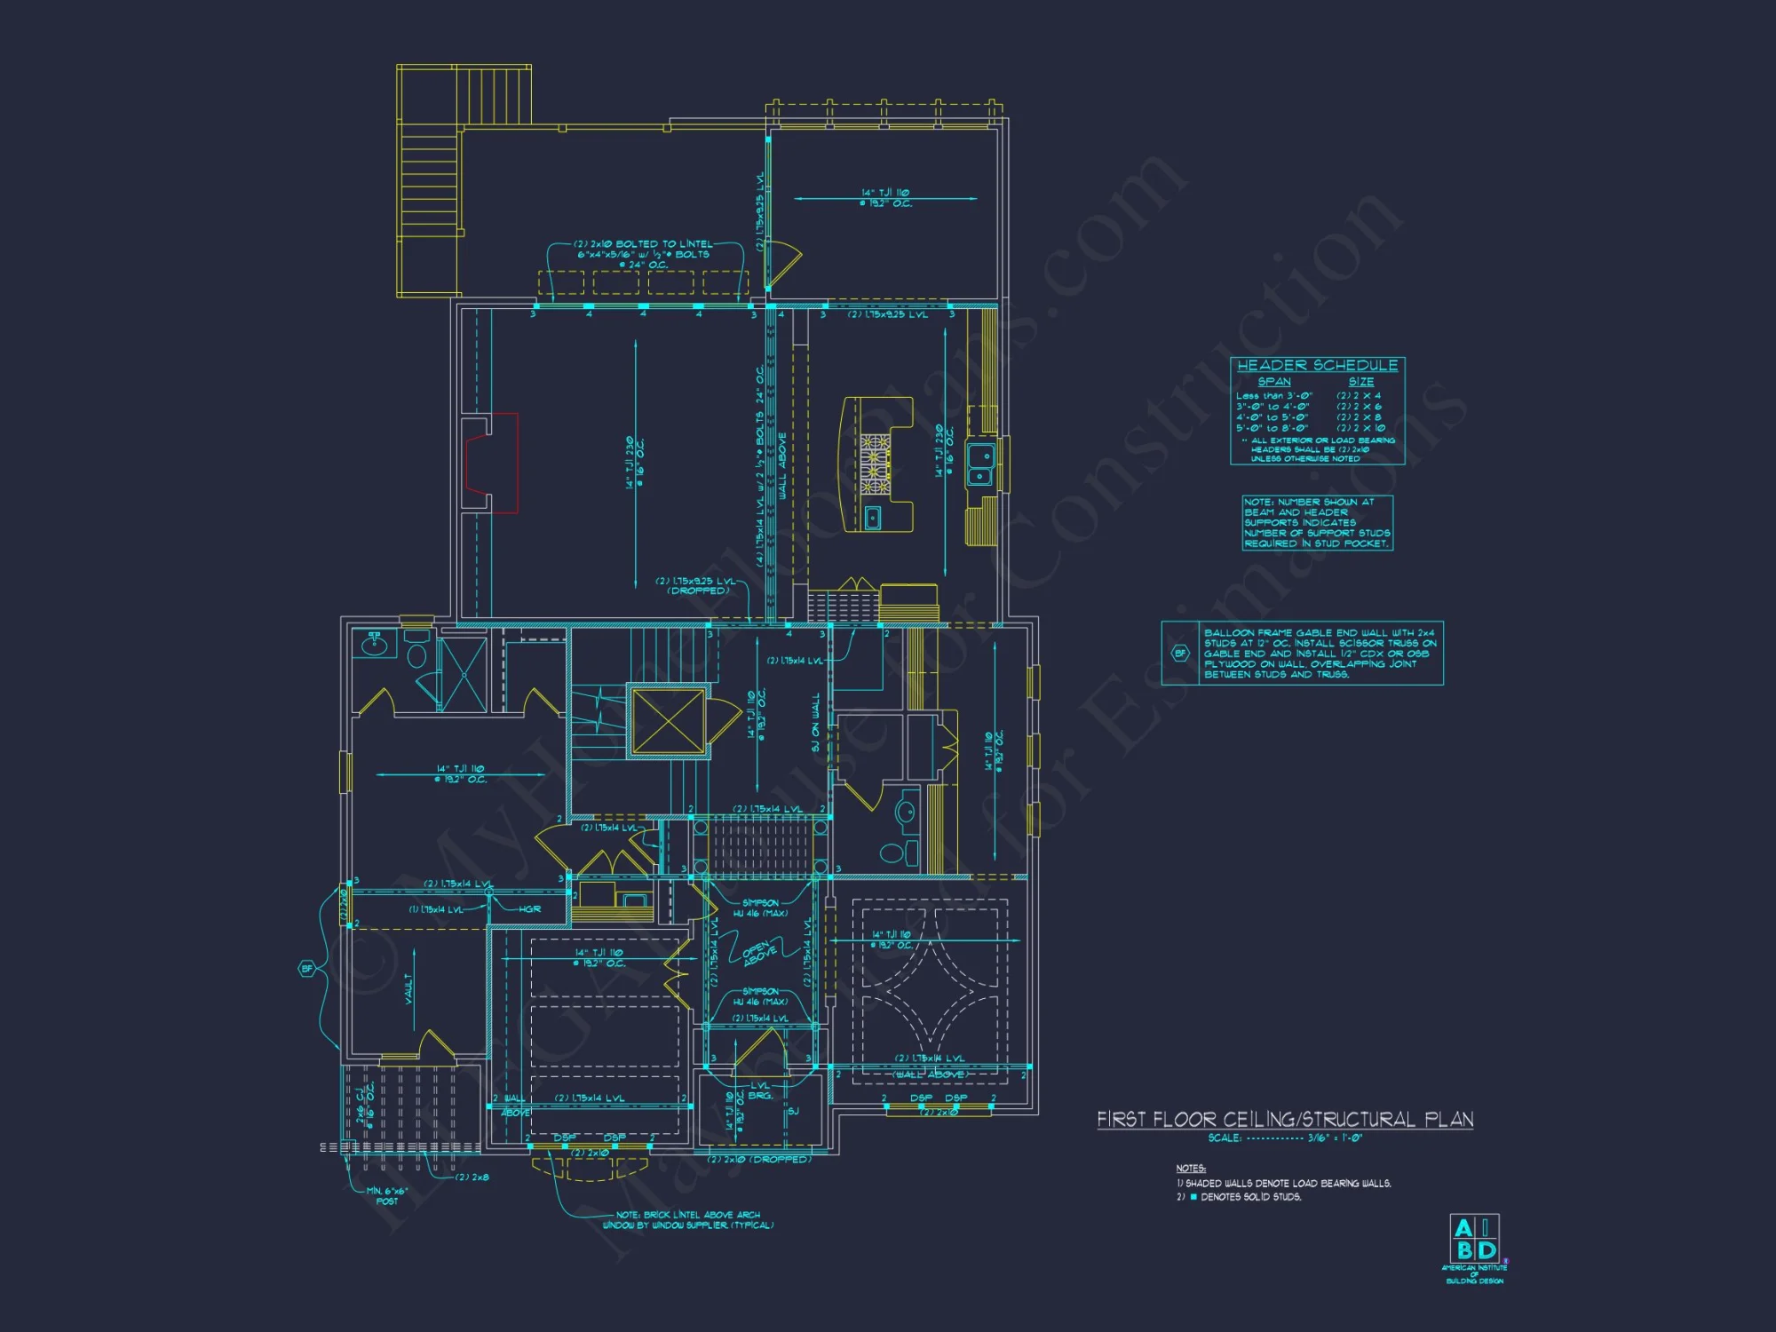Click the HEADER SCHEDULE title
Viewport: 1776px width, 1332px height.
point(1317,365)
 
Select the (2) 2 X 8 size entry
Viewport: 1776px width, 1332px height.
point(1359,416)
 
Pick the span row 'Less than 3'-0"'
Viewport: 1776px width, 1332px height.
point(1273,396)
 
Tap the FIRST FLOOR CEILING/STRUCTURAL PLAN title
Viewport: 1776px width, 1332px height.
point(1285,1119)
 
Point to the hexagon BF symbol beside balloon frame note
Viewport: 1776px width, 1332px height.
point(1180,654)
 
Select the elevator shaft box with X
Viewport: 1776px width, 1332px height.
point(668,720)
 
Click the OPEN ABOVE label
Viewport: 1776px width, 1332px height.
point(759,953)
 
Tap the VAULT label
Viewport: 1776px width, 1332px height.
point(409,988)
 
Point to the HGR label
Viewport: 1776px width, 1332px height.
point(530,908)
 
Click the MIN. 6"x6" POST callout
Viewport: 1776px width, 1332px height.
point(386,1196)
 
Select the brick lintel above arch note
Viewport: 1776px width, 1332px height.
point(688,1220)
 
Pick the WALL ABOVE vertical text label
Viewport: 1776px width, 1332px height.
point(782,465)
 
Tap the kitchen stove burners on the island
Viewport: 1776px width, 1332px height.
point(874,462)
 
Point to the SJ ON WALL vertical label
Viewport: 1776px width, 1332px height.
point(815,723)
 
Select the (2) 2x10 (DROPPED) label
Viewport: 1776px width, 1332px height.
point(759,1160)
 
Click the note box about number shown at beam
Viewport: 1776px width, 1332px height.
point(1317,523)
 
